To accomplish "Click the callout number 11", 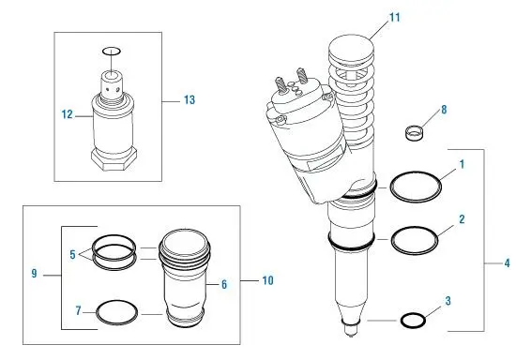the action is pyautogui.click(x=395, y=18).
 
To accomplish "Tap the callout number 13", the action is pyautogui.click(x=190, y=100).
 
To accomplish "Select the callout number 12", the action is pyautogui.click(x=68, y=114).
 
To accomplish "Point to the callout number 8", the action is pyautogui.click(x=444, y=110).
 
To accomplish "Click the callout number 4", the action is pyautogui.click(x=508, y=263).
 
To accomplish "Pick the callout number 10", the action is pyautogui.click(x=268, y=280).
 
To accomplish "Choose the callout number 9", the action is pyautogui.click(x=34, y=274).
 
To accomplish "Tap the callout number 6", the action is pyautogui.click(x=224, y=284).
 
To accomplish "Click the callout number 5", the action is pyautogui.click(x=73, y=254).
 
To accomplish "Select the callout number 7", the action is pyautogui.click(x=78, y=310).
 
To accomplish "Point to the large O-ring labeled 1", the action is pyautogui.click(x=390, y=187).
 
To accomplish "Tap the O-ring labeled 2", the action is pyautogui.click(x=392, y=241).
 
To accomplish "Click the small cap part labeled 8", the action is pyautogui.click(x=414, y=133).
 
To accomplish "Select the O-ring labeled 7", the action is pyautogui.click(x=97, y=312).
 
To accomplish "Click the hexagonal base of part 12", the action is pyautogui.click(x=114, y=159).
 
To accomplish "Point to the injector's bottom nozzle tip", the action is pyautogui.click(x=351, y=330).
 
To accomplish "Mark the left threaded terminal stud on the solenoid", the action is pyautogui.click(x=280, y=85).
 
